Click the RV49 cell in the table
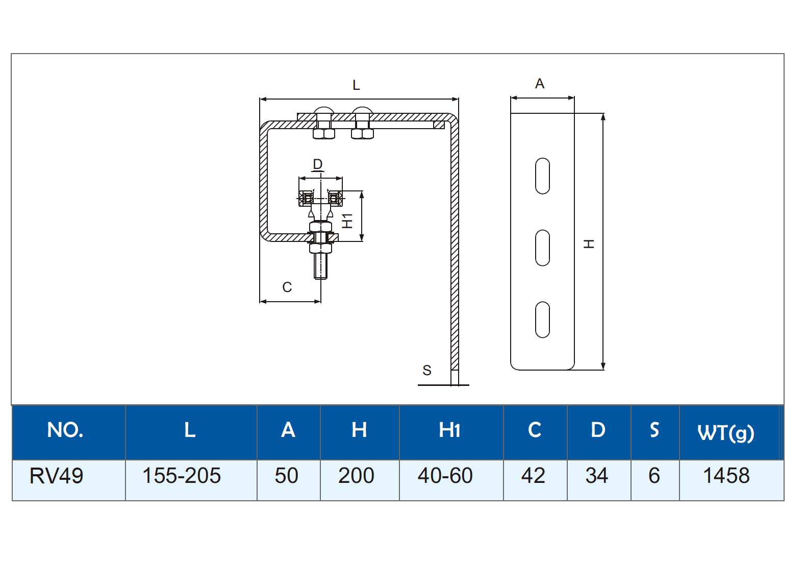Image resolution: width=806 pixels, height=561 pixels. tap(56, 476)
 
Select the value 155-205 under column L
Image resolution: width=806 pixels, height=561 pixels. tap(181, 476)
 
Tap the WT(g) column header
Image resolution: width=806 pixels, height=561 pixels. tap(725, 432)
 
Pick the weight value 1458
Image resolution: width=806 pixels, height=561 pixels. tap(726, 476)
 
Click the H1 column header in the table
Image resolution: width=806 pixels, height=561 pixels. tap(449, 430)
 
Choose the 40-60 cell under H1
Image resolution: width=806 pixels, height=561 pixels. tap(445, 476)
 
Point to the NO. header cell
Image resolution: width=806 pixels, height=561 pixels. tap(65, 430)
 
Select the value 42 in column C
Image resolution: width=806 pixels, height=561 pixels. tap(533, 476)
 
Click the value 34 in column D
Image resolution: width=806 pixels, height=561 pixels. tap(596, 476)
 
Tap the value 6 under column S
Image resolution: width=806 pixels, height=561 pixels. tap(654, 476)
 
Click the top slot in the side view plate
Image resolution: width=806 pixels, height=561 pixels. tap(542, 176)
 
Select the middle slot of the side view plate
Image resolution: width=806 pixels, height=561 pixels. tap(542, 248)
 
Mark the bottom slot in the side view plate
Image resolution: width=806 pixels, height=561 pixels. tap(542, 320)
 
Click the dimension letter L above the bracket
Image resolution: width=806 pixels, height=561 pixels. tap(356, 85)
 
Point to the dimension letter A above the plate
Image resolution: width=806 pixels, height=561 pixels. tap(540, 84)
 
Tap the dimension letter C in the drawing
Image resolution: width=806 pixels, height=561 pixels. tap(287, 287)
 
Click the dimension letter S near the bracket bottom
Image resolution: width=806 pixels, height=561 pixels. tap(427, 371)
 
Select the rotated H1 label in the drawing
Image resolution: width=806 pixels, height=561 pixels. tap(347, 221)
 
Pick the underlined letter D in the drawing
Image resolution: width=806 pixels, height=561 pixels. tap(318, 164)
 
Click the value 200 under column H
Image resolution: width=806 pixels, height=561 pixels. tap(356, 476)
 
